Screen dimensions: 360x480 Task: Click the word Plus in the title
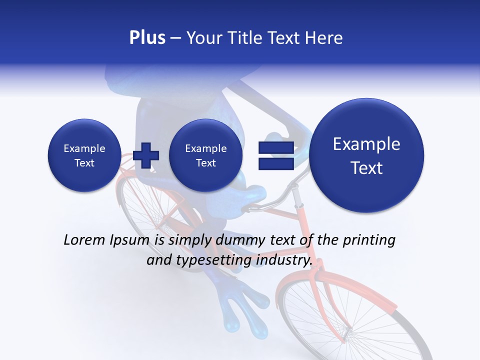(147, 38)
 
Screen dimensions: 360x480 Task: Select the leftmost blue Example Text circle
(84, 155)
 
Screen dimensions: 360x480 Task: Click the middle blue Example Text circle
(205, 155)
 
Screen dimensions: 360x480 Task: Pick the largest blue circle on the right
(366, 155)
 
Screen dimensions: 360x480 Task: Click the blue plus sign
(146, 155)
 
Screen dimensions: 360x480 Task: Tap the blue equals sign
(275, 155)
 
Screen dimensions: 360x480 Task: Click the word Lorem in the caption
(85, 240)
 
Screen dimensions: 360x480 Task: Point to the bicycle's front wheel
(350, 320)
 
